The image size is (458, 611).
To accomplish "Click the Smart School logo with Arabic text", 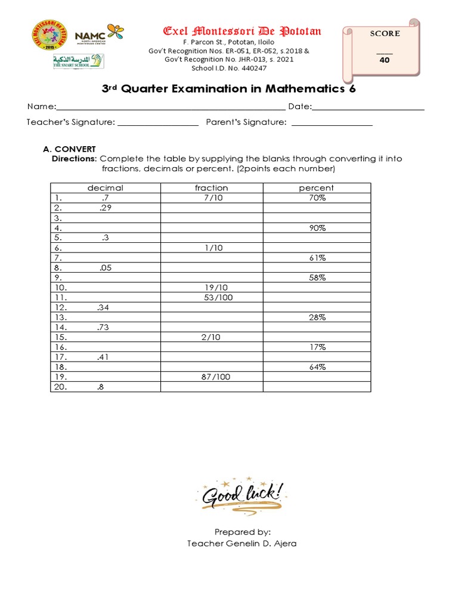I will click(78, 61).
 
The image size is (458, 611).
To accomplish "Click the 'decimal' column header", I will click(106, 188).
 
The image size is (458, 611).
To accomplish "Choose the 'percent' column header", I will click(317, 188).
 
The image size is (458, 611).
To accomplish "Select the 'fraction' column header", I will click(212, 188).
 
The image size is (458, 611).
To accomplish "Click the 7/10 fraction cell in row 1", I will click(212, 198).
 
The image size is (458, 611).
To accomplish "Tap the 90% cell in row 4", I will click(317, 228).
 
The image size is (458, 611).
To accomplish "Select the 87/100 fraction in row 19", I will click(216, 377).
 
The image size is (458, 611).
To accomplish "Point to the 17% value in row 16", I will click(317, 347).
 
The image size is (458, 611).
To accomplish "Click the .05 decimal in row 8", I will click(106, 268).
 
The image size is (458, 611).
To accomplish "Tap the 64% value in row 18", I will click(317, 367).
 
